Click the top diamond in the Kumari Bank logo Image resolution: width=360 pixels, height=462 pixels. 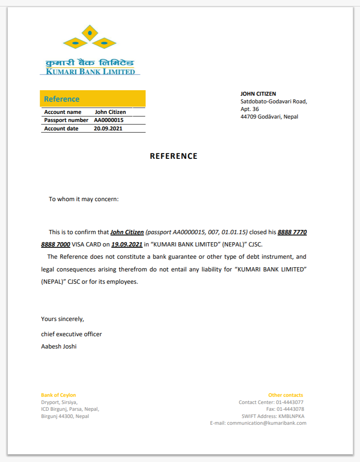pos(89,33)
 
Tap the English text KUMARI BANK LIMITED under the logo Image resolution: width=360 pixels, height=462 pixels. pos(91,72)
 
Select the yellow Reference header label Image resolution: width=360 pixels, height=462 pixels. pos(62,99)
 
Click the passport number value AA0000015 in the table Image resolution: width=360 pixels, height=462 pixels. pos(109,120)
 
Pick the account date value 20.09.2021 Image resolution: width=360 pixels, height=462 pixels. pos(108,129)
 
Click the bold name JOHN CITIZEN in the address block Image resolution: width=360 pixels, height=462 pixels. pos(258,94)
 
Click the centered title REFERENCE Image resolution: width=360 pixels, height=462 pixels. pos(173,156)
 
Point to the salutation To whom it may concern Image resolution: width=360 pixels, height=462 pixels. pos(84,199)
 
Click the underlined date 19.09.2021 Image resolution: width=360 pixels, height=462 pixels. pos(127,245)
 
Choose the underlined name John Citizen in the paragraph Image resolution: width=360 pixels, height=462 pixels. pos(127,232)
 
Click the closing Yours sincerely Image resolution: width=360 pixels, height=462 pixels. pos(63,319)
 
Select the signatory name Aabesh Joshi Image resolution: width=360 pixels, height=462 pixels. pos(59,346)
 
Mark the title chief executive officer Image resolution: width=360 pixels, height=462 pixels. pos(71,334)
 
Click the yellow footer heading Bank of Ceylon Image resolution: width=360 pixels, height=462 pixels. pos(58,395)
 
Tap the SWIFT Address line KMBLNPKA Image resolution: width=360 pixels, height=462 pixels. pos(273,416)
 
